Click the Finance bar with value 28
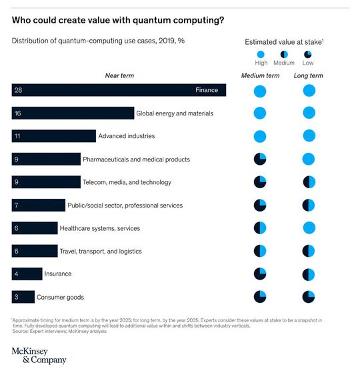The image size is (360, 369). [119, 90]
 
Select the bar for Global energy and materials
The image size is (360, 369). [73, 113]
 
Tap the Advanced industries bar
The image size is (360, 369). [53, 136]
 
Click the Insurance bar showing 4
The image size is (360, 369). [27, 274]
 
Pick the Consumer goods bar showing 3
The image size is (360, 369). [23, 297]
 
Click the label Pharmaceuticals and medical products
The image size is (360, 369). [136, 159]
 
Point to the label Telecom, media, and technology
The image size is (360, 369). [127, 182]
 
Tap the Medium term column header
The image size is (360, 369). [260, 75]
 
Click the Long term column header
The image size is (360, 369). [308, 75]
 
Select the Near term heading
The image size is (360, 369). [119, 75]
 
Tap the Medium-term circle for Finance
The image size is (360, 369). [260, 90]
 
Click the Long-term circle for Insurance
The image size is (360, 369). [308, 274]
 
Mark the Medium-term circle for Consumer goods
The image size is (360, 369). [260, 297]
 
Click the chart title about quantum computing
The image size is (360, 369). [117, 20]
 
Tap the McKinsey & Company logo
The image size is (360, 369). [39, 355]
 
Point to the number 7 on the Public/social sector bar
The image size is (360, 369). [16, 205]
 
